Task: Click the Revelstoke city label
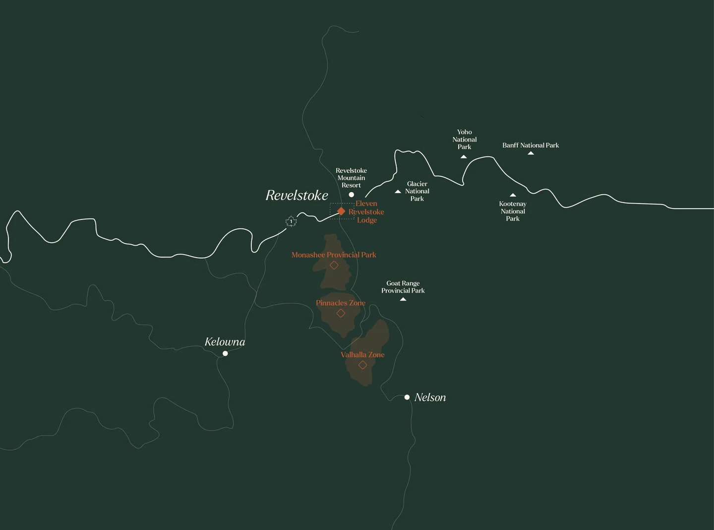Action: [x=297, y=196]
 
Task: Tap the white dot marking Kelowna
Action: [x=225, y=353]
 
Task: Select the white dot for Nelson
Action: [x=407, y=397]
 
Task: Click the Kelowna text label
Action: [x=225, y=342]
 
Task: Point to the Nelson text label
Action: [x=430, y=397]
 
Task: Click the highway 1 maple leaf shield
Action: [x=291, y=221]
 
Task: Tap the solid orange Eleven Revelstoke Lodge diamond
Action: [x=341, y=212]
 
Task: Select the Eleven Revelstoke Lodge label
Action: [x=366, y=212]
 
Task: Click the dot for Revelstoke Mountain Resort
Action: [x=352, y=195]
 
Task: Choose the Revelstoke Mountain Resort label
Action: [x=351, y=178]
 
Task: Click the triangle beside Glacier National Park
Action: [x=398, y=191]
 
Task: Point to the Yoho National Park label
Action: [x=465, y=139]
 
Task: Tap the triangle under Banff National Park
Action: [x=531, y=154]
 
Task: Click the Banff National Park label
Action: [x=531, y=145]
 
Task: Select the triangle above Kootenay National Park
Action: [x=513, y=195]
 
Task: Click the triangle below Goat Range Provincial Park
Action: [x=403, y=299]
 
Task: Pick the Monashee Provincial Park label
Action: [x=334, y=255]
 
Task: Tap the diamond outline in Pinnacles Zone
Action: [x=341, y=313]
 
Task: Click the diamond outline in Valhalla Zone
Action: [x=362, y=365]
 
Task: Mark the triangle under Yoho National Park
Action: [x=464, y=157]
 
